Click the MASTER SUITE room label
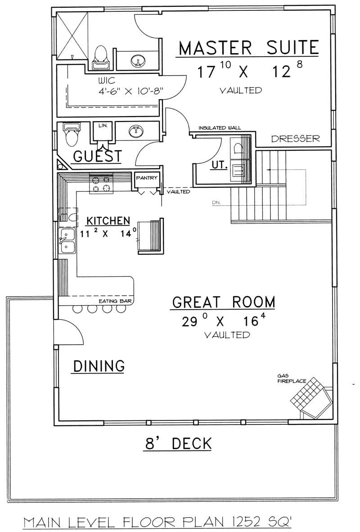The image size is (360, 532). [x=248, y=48]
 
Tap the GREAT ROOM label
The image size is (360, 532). [x=223, y=302]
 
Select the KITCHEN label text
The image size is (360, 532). [x=108, y=221]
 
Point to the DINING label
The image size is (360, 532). [x=99, y=366]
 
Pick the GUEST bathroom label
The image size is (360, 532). [x=97, y=156]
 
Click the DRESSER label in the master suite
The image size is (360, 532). [x=295, y=139]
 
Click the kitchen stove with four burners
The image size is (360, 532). [x=100, y=184]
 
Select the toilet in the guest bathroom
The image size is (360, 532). [x=71, y=135]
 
